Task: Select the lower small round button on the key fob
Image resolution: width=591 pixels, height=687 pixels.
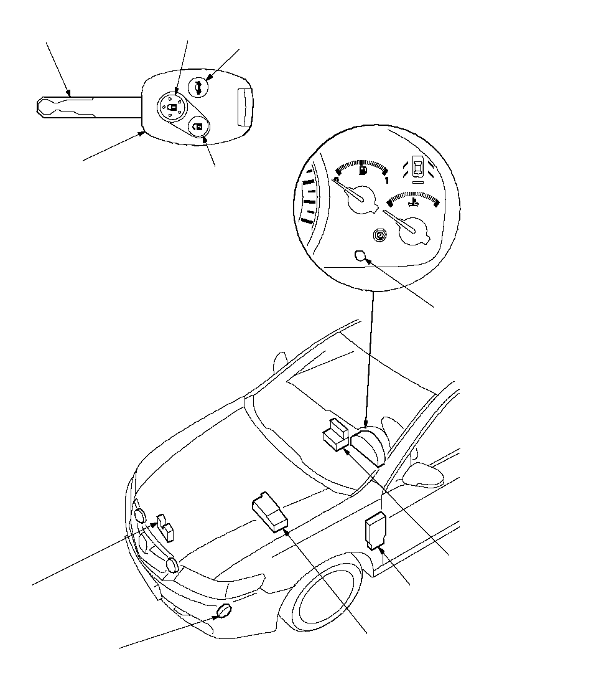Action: [x=198, y=128]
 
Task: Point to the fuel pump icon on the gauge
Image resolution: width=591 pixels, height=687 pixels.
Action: [x=363, y=169]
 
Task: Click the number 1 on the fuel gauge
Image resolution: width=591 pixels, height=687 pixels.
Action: [x=386, y=181]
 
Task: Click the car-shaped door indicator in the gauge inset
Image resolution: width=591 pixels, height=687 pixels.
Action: [x=419, y=169]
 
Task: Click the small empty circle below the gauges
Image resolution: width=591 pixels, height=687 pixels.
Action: [x=359, y=255]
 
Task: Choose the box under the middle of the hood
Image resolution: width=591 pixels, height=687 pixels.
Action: [x=270, y=511]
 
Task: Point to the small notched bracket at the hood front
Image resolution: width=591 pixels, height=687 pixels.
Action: [x=165, y=527]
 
